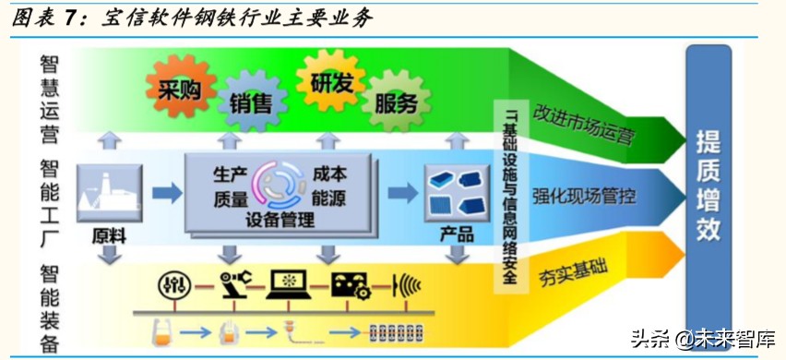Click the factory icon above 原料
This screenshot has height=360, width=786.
[x=110, y=193]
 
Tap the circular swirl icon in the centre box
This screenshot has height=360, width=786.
[x=280, y=184]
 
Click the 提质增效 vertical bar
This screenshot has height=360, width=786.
[x=709, y=185]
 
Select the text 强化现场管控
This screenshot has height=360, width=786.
[x=584, y=196]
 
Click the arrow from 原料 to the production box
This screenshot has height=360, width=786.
[x=166, y=193]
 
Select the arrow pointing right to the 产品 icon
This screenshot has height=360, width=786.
[x=401, y=193]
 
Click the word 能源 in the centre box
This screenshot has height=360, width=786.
[x=329, y=197]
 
